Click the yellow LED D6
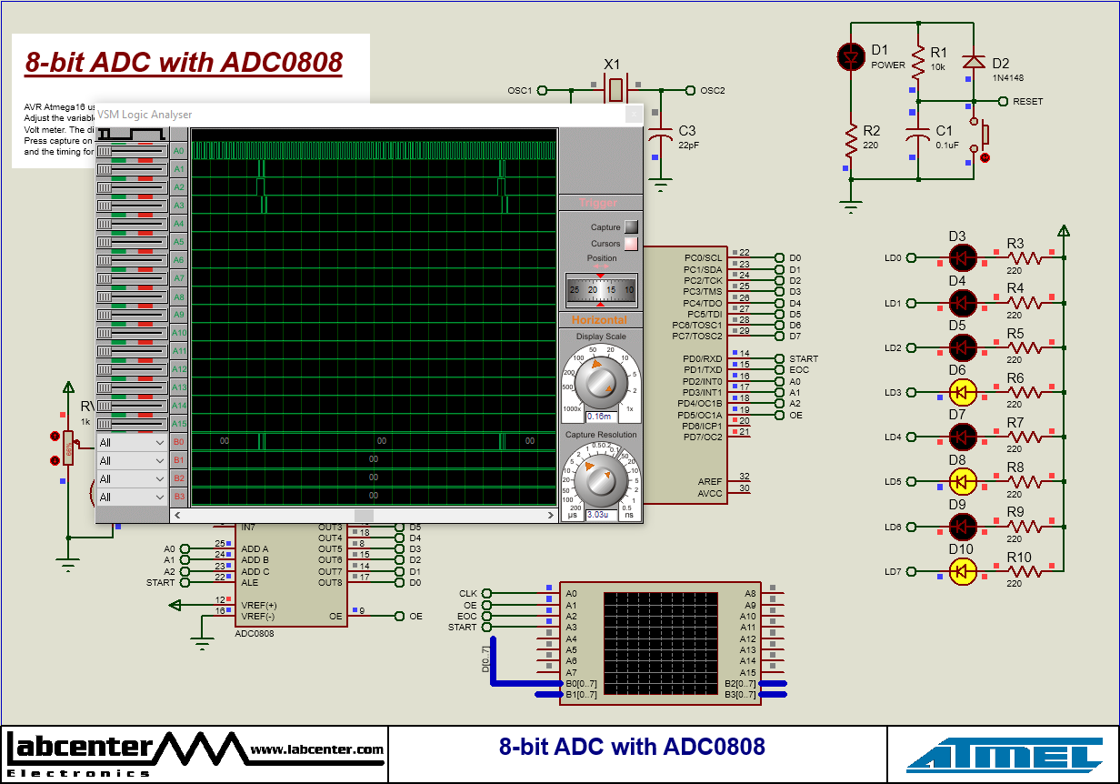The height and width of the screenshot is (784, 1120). [x=962, y=392]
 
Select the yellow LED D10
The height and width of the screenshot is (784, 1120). [x=962, y=571]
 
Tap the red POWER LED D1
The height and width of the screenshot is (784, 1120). [x=851, y=57]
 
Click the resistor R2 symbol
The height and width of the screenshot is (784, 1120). [x=851, y=141]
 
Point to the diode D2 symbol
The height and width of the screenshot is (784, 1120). [x=974, y=61]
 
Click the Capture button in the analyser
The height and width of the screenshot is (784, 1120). [x=631, y=227]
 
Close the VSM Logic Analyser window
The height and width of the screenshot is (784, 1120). [x=633, y=115]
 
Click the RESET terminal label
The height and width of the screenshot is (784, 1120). [x=1027, y=102]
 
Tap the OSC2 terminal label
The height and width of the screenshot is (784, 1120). [x=712, y=90]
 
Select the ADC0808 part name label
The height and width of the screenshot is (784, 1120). [x=254, y=633]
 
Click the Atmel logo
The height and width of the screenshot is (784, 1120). [x=1004, y=756]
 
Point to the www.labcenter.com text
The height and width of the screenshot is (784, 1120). [x=316, y=749]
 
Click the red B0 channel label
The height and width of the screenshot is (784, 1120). [x=178, y=442]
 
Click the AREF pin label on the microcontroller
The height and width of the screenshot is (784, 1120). [x=709, y=481]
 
